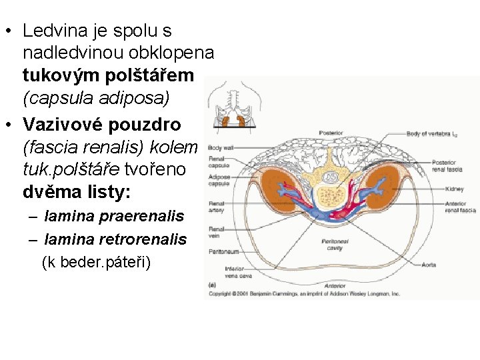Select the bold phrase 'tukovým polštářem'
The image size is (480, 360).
click(x=108, y=76)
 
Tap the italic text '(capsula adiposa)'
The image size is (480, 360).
click(x=96, y=99)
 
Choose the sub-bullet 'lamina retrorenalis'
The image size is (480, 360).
click(x=115, y=239)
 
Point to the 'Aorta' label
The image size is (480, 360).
click(x=429, y=265)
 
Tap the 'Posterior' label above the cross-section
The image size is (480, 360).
click(x=331, y=131)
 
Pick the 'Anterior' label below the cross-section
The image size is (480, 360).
click(x=335, y=285)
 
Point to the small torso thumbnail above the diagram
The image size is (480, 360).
click(x=233, y=107)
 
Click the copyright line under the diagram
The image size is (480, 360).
click(x=305, y=293)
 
